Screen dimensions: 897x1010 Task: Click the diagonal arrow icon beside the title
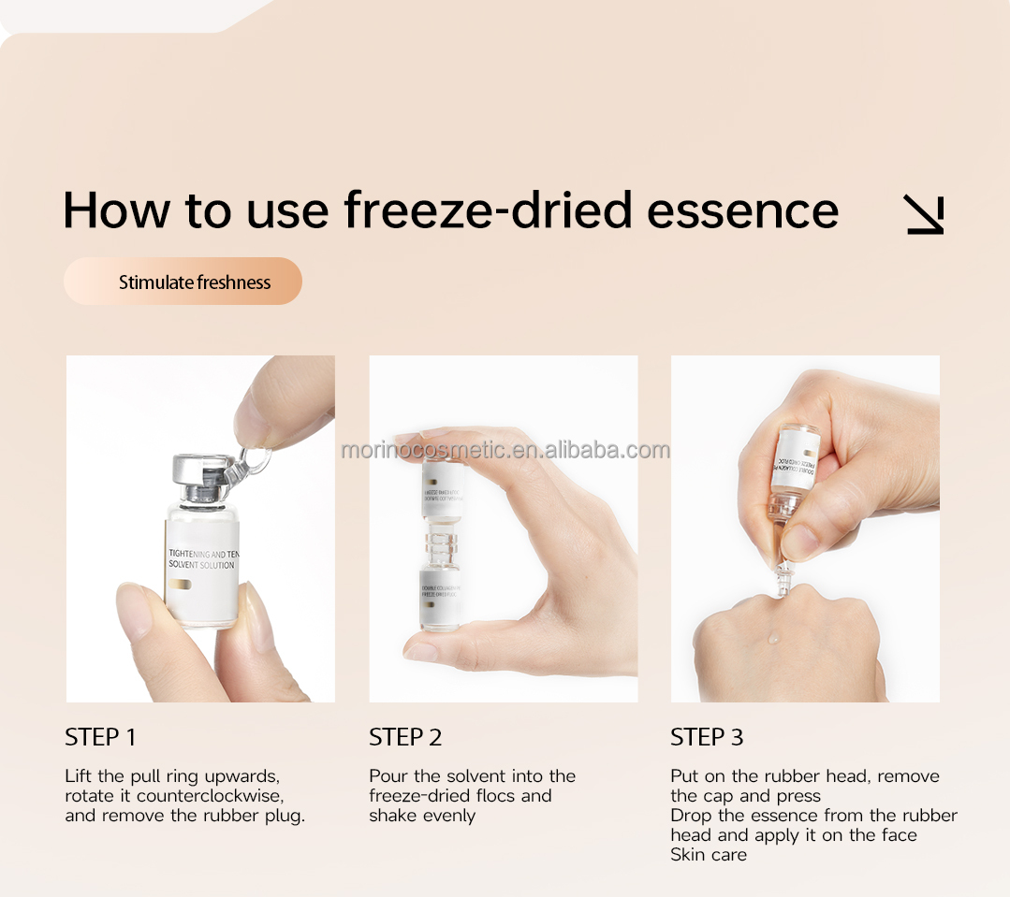[x=924, y=214]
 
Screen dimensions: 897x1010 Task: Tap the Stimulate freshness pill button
[x=183, y=282]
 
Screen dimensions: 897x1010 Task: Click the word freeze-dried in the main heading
[x=489, y=210]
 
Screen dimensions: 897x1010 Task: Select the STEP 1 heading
[x=100, y=737]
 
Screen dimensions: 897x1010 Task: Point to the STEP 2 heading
[x=405, y=737]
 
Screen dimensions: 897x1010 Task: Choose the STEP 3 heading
[x=707, y=737]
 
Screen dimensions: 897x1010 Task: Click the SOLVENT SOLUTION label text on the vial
[x=201, y=565]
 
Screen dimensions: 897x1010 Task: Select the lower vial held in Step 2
[x=440, y=596]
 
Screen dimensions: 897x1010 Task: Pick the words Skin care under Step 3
[x=709, y=855]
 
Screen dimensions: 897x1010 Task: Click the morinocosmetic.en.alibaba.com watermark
[x=505, y=451]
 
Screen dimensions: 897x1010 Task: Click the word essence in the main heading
[x=742, y=210]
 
